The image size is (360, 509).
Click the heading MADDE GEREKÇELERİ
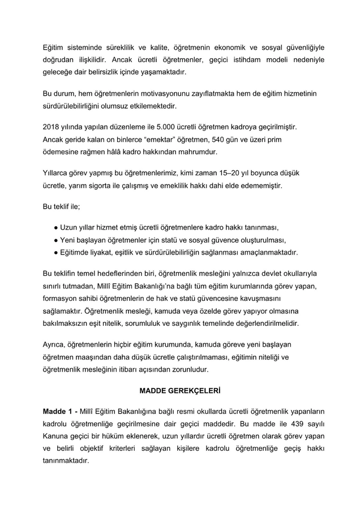coord(179,391)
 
